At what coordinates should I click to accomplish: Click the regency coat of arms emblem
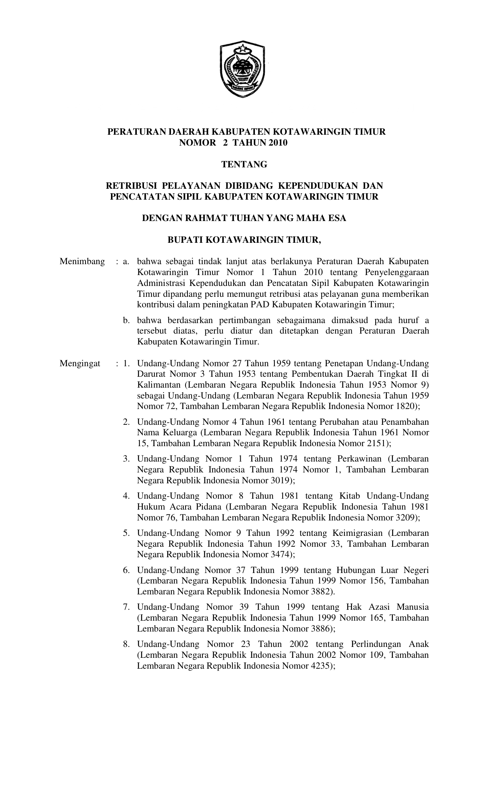tap(243, 69)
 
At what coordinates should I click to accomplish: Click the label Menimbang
tap(82, 262)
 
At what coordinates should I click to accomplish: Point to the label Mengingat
tap(80, 363)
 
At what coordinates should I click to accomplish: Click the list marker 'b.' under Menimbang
tap(126, 320)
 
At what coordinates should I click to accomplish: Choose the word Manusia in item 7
tap(413, 607)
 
